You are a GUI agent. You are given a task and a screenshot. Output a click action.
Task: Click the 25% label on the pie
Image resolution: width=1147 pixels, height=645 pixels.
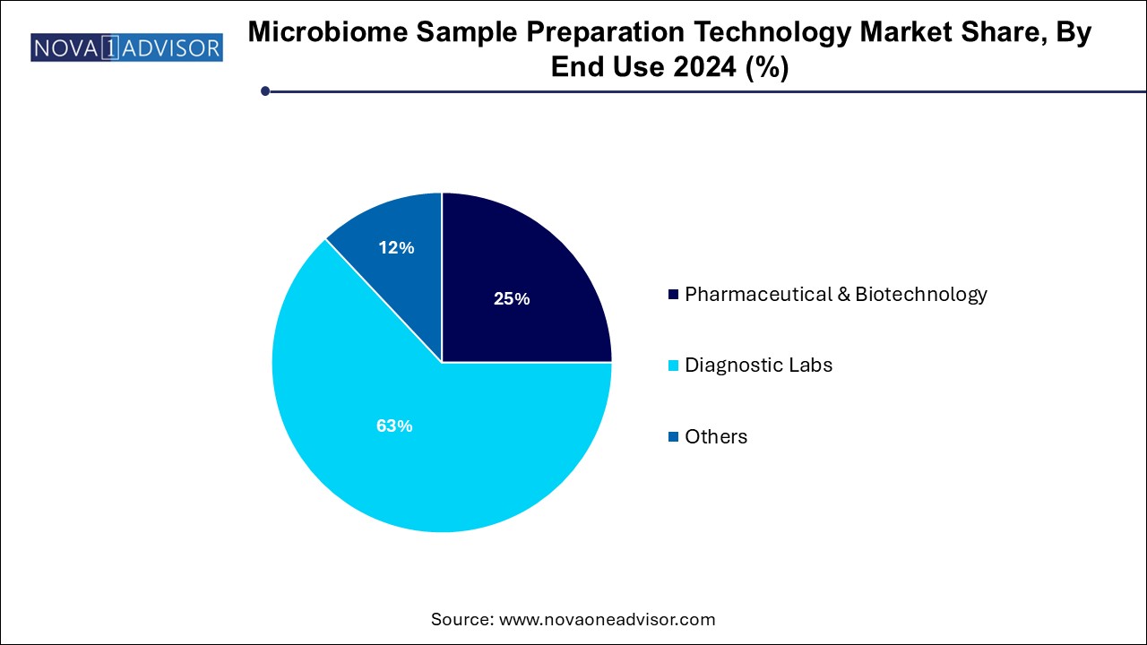pyautogui.click(x=512, y=298)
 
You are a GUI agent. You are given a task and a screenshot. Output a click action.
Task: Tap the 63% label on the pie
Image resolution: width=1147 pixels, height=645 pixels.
pyautogui.click(x=394, y=426)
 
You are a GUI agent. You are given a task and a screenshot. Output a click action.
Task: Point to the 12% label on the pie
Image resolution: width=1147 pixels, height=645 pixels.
pyautogui.click(x=396, y=248)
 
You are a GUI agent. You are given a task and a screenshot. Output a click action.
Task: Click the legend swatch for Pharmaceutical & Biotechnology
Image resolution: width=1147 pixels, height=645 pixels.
pyautogui.click(x=673, y=295)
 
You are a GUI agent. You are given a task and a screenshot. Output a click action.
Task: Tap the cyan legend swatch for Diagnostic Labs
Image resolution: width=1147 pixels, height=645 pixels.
pyautogui.click(x=673, y=365)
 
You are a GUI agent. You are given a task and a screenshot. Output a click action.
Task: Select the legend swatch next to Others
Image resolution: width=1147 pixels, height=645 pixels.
pyautogui.click(x=673, y=436)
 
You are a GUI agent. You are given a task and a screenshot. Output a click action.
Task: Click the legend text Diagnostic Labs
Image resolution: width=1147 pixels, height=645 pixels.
pyautogui.click(x=758, y=365)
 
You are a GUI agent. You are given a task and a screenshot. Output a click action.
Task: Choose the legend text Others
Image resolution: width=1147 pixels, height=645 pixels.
pyautogui.click(x=716, y=436)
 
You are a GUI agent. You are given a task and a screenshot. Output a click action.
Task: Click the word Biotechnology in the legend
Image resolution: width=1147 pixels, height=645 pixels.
pyautogui.click(x=921, y=295)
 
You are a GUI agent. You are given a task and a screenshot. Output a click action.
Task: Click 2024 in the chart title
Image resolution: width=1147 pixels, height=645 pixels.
pyautogui.click(x=705, y=66)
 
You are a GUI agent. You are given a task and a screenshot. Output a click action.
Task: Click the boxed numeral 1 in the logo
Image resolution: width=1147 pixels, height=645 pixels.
pyautogui.click(x=110, y=47)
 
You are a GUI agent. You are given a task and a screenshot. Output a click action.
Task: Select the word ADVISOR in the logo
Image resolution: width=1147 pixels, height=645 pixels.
pyautogui.click(x=171, y=48)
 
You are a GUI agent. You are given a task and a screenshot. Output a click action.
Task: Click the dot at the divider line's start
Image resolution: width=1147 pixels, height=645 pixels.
pyautogui.click(x=265, y=91)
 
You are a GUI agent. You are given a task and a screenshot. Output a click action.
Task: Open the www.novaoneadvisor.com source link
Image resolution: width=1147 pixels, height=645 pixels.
pyautogui.click(x=608, y=619)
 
